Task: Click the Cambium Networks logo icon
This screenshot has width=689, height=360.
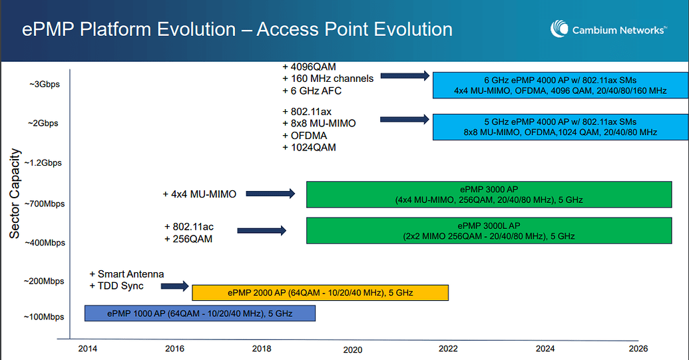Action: [x=559, y=29]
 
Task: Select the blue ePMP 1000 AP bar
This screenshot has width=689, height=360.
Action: [x=200, y=313]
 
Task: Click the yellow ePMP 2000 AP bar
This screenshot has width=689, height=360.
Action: [x=320, y=293]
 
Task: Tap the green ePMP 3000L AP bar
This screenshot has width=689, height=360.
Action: [x=489, y=230]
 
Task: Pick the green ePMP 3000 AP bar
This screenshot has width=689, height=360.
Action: [x=489, y=194]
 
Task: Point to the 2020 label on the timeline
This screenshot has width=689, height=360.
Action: [x=353, y=349]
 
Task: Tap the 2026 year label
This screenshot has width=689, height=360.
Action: [x=638, y=348]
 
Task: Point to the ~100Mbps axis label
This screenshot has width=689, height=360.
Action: [x=44, y=317]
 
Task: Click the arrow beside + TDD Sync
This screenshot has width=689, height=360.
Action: [x=175, y=287]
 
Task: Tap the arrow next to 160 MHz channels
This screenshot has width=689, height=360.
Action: [x=405, y=77]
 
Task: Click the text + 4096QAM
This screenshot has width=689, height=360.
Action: [x=309, y=67]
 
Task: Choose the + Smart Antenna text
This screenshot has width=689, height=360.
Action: [x=126, y=274]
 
